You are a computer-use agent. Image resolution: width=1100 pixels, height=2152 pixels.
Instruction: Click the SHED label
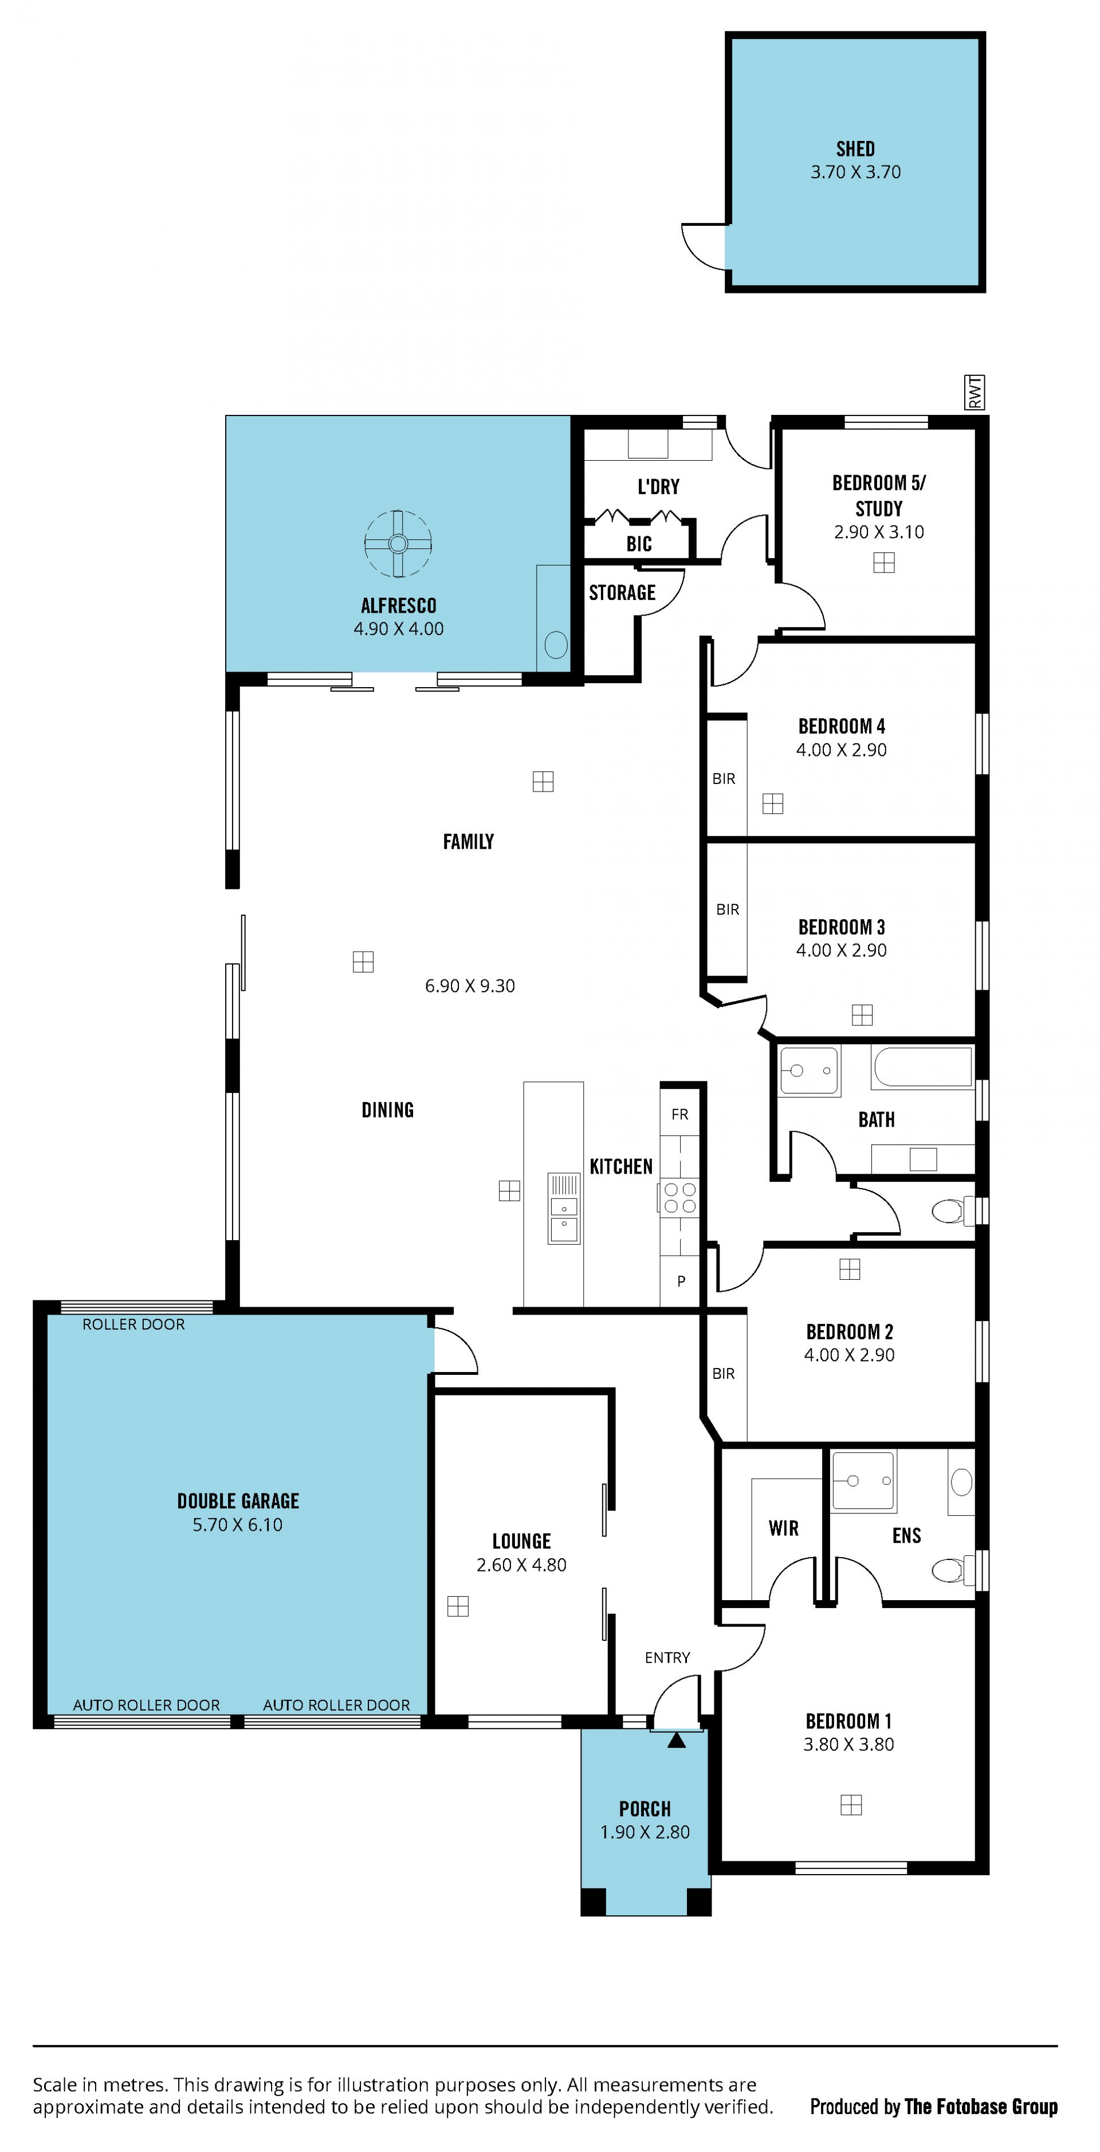(855, 148)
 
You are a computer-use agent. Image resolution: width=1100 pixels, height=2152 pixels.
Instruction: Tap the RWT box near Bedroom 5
(974, 392)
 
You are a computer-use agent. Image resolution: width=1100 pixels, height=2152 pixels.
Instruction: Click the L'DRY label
(658, 486)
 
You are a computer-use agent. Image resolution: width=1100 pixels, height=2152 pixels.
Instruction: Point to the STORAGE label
(622, 592)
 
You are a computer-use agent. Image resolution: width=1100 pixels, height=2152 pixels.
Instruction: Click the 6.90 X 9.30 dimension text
(469, 986)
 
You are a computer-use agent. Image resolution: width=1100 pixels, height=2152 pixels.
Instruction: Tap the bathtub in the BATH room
(922, 1066)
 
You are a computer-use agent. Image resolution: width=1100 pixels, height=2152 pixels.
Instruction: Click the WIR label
(783, 1528)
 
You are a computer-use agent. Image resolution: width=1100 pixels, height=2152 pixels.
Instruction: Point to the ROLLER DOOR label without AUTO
(133, 1324)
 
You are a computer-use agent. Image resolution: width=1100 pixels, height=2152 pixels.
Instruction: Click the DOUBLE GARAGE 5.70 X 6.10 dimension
(237, 1524)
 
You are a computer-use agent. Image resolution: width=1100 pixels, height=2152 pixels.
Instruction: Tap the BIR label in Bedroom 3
(728, 910)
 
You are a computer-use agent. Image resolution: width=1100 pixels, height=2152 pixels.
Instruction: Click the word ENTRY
(667, 1657)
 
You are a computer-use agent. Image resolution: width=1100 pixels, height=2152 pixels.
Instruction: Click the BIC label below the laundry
(639, 544)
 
